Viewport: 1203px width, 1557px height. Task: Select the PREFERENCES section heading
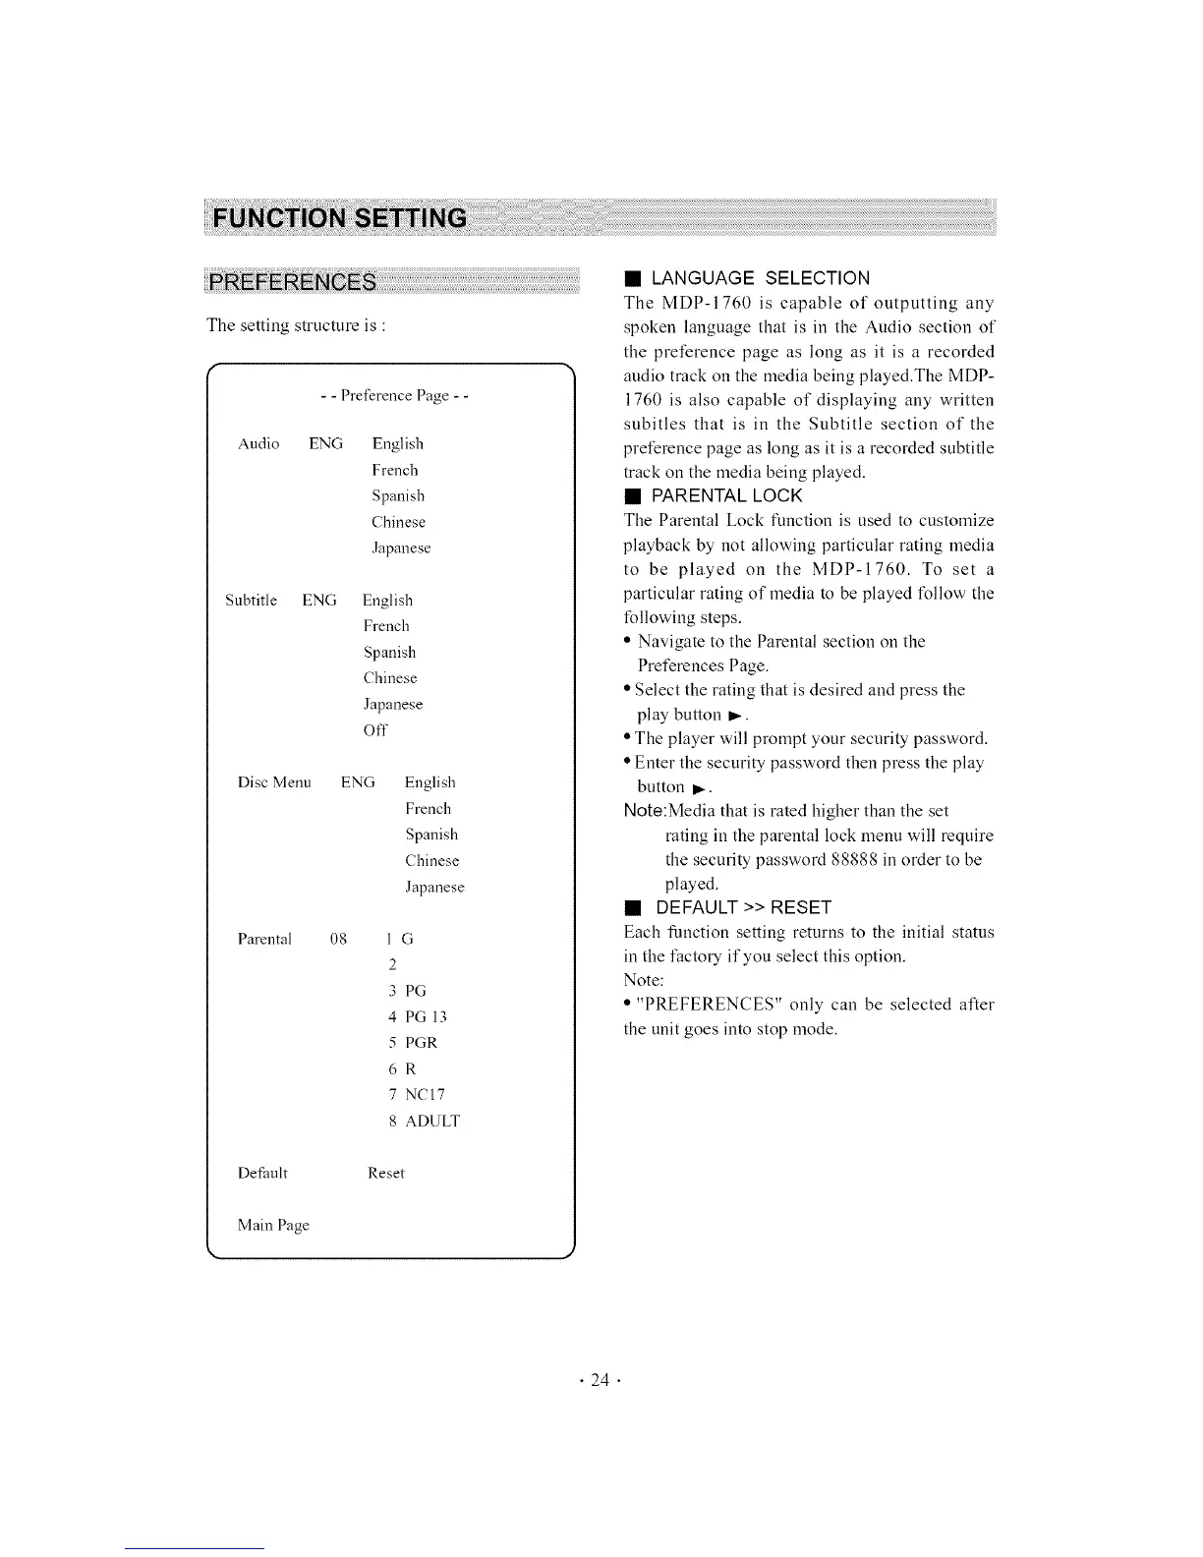[x=292, y=283]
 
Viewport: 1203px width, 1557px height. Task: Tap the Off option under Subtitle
[x=375, y=730]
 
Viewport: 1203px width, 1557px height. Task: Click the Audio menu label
[x=258, y=444]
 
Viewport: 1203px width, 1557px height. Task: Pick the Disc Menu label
[x=274, y=783]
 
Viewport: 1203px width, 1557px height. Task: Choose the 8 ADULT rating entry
[x=424, y=1121]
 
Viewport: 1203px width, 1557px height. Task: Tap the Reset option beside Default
[x=386, y=1173]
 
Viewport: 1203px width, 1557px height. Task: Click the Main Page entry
[x=273, y=1225]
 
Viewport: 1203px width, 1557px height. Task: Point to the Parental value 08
[x=339, y=939]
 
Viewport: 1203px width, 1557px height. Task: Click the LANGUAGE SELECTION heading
[x=760, y=278]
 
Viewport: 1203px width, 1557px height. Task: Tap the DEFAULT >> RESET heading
[x=743, y=906]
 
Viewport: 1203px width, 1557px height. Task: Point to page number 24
[x=601, y=1380]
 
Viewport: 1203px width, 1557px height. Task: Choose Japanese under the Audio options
[x=401, y=548]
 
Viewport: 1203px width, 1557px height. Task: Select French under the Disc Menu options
[x=428, y=809]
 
